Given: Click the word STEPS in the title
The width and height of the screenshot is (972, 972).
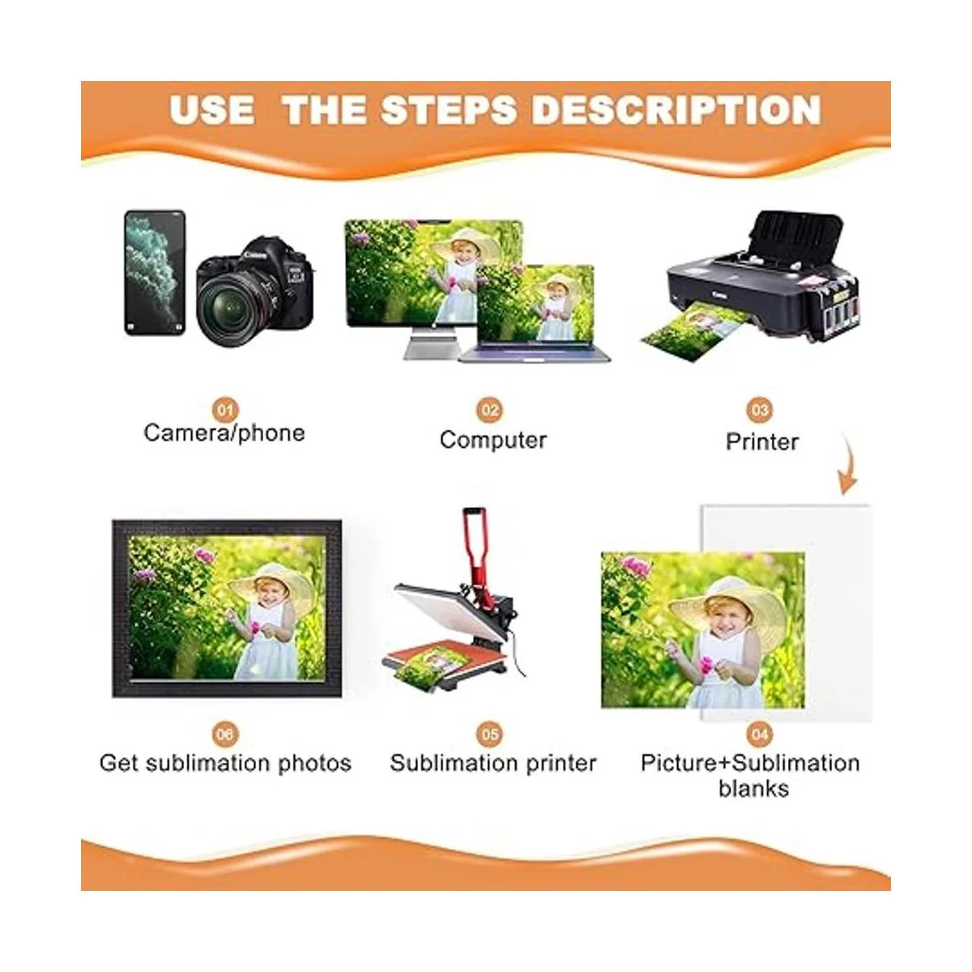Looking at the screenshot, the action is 449,109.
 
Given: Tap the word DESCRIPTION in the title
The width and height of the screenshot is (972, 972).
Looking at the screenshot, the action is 677,109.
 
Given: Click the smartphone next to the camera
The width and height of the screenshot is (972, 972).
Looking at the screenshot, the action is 155,272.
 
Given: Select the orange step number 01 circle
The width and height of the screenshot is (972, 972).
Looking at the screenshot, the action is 225,410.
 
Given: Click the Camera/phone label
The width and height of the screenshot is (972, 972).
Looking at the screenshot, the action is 224,433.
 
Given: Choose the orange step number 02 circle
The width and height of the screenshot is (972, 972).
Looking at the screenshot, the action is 490,410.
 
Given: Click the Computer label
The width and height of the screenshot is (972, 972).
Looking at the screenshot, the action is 493,440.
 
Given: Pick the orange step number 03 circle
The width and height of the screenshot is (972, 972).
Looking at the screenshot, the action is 760,410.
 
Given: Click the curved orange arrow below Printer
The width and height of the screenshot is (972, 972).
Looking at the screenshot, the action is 849,464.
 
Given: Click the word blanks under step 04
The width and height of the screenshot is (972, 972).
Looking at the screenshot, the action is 753,789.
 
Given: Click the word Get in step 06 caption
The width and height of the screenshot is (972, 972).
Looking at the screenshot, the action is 118,763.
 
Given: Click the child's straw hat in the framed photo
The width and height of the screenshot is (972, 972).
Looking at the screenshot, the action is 275,589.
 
